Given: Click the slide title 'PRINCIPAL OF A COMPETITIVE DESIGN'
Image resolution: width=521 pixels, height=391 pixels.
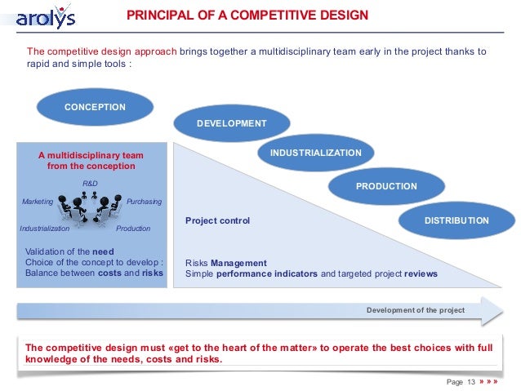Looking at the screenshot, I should pos(248,16).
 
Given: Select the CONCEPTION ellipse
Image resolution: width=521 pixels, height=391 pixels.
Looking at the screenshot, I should pos(95,108).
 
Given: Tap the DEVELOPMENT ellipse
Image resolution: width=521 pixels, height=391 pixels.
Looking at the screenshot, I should pos(231,123).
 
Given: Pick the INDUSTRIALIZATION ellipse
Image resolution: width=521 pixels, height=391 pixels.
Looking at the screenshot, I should pos(315,153).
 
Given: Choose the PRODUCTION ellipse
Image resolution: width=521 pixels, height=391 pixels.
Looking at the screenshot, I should pos(386,187).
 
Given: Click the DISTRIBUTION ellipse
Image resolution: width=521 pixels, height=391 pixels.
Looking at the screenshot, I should pos(456,221).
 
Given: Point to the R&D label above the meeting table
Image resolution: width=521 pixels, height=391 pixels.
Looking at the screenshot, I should pos(91,183).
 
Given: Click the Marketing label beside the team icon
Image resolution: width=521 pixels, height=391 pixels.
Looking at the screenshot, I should pos(38,202).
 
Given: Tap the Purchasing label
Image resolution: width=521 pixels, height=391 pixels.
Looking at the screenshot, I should pos(145,202).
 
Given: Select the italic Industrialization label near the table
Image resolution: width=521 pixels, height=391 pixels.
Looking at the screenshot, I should pos(45,229).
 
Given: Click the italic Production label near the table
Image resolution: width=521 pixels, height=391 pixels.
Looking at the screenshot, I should pos(133,229).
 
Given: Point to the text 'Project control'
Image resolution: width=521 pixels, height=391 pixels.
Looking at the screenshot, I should pos(217,221).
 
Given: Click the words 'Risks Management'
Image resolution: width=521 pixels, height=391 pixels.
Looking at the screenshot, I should pos(226,263).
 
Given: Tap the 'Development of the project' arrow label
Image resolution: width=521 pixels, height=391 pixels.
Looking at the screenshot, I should pos(415,310).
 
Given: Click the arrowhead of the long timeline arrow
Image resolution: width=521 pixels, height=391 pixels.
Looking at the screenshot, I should pos(492,311).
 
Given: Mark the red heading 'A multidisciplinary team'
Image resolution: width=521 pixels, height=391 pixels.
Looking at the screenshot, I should pos(91,155).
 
